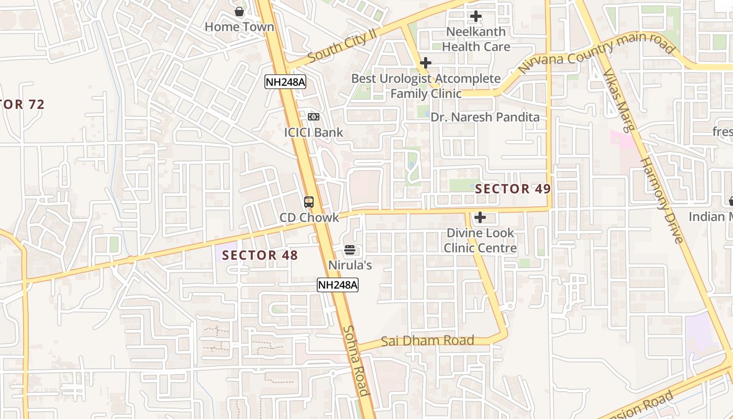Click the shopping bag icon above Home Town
(239, 11)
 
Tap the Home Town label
(239, 27)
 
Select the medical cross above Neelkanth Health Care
(475, 16)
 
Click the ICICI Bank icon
(314, 117)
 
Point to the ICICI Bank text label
(314, 133)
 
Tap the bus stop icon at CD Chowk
(309, 202)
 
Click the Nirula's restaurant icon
(350, 250)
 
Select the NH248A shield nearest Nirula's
(338, 285)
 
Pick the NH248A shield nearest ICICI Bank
(285, 82)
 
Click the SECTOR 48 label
(260, 256)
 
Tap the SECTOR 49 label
(513, 189)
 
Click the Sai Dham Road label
(427, 341)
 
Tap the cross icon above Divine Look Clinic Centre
(480, 217)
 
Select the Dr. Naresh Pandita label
(485, 117)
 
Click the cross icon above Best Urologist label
(426, 63)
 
